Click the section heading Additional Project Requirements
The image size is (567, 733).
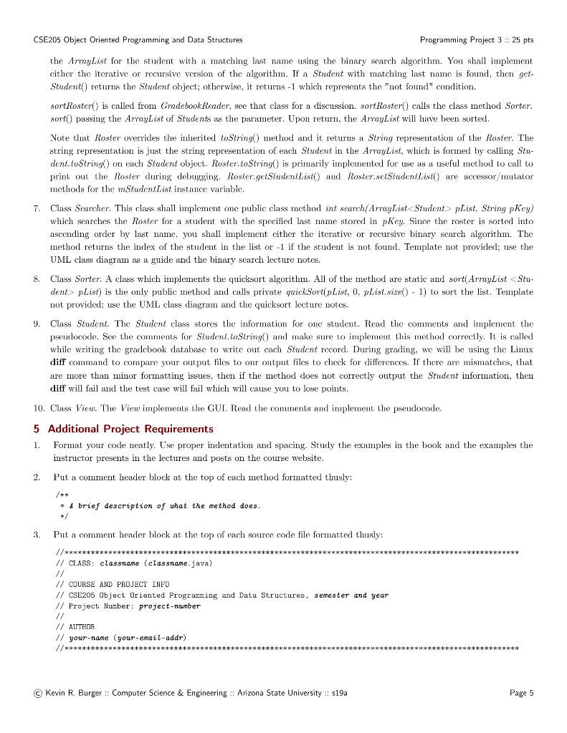pos(130,429)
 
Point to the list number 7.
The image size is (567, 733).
pos(37,208)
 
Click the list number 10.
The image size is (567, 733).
pos(39,408)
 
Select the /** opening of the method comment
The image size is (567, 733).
pos(60,495)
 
